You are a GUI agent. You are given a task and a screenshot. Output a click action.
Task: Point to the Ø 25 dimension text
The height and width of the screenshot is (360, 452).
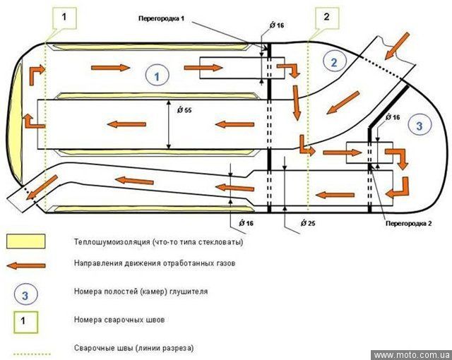pos(307,223)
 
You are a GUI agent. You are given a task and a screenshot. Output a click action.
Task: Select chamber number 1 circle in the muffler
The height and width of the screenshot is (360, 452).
pos(157,74)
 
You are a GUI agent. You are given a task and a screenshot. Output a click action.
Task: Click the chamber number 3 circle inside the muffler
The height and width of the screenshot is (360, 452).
pos(420,125)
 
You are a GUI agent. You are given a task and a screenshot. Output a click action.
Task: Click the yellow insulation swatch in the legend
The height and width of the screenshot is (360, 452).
pos(25,241)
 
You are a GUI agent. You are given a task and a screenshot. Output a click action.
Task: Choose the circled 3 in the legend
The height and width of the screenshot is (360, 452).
pos(25,293)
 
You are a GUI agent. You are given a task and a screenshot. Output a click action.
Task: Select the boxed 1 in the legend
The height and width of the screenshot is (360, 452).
pos(25,320)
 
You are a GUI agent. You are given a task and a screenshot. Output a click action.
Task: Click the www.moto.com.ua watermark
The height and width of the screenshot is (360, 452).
pos(410,354)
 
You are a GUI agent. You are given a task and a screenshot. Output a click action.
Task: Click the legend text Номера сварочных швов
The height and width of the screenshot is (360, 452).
pos(120,320)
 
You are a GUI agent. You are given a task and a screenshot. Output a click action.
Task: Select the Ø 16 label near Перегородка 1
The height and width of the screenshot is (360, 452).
pos(277,25)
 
